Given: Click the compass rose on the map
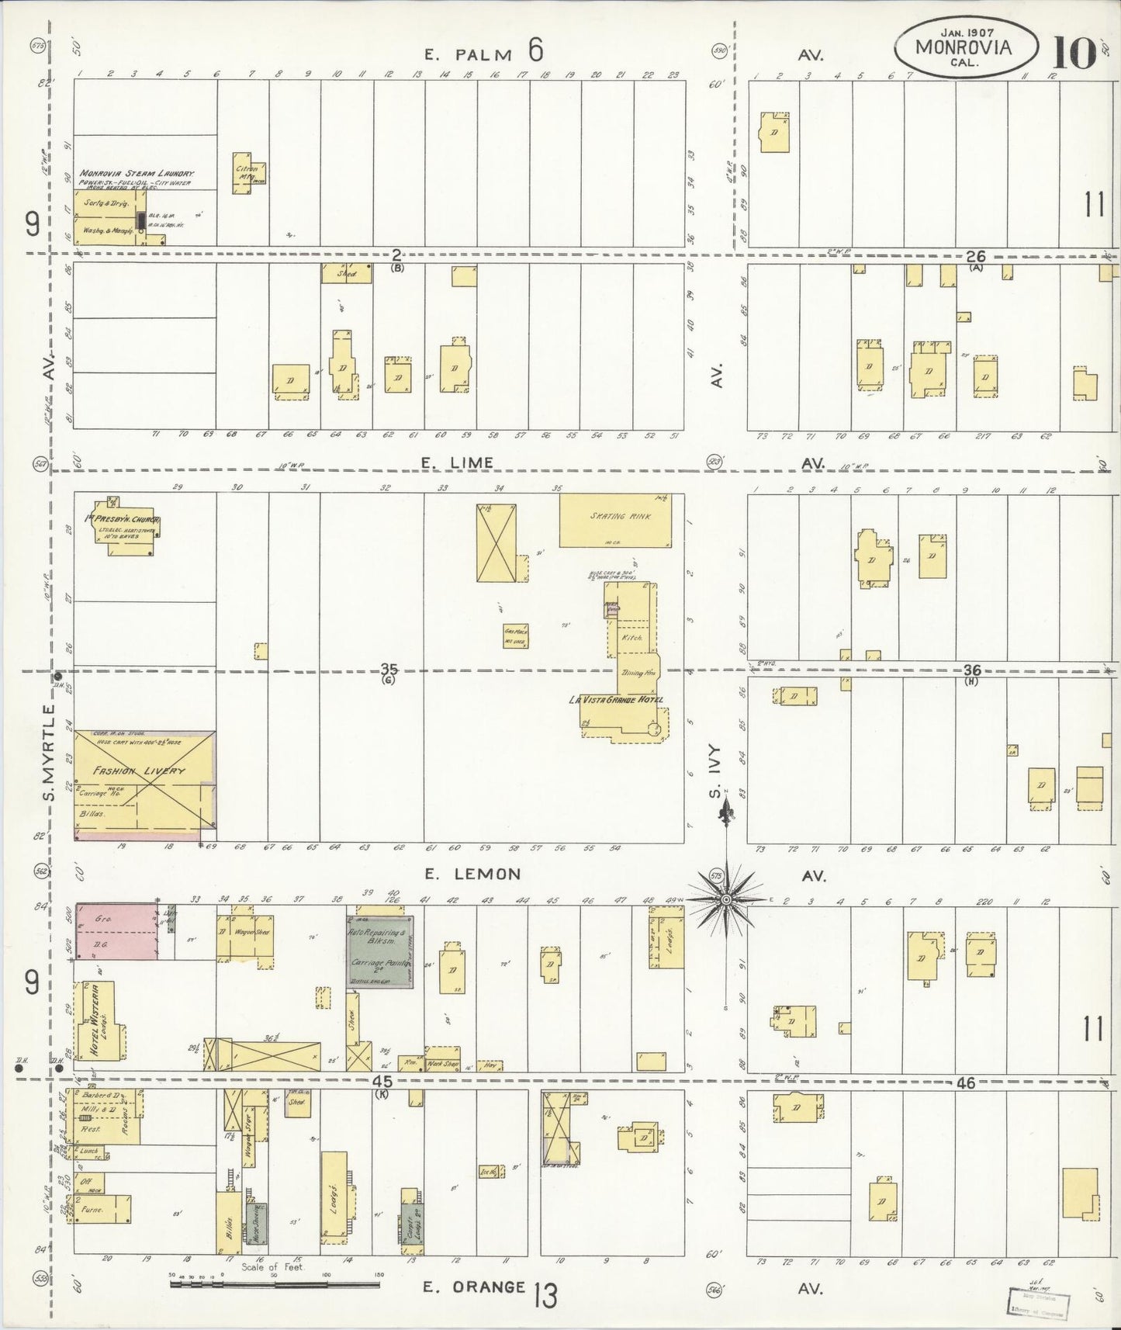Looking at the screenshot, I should [x=725, y=899].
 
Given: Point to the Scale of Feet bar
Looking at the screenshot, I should [x=275, y=1283].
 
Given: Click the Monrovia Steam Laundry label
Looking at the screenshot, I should [x=137, y=174].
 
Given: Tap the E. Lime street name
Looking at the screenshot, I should [x=457, y=462].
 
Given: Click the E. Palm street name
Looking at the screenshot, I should [x=468, y=54].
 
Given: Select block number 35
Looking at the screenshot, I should [x=389, y=669].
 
